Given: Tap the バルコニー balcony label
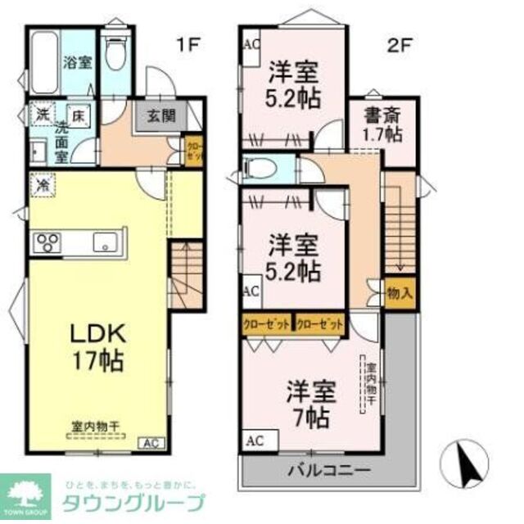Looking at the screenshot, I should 319,471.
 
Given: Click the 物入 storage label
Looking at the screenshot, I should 399,292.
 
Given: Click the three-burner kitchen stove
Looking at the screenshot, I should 45,242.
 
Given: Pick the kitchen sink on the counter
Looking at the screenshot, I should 104,242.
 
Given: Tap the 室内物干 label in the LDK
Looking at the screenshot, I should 96,426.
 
